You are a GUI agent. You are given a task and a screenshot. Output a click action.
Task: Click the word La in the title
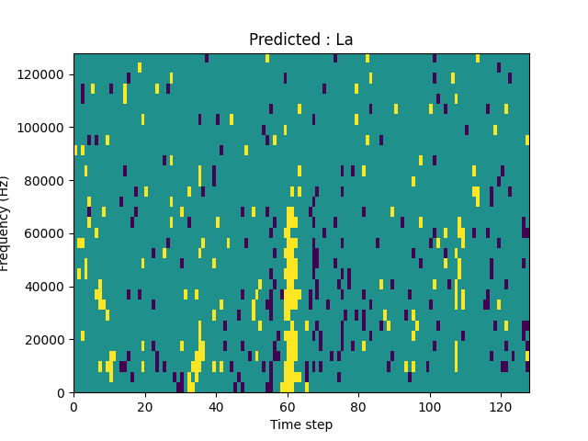click(x=344, y=40)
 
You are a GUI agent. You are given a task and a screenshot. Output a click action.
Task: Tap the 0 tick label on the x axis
click(x=73, y=406)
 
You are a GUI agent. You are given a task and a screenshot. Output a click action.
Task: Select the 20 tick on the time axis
click(x=145, y=406)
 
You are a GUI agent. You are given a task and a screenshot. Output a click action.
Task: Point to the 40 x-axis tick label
click(x=216, y=406)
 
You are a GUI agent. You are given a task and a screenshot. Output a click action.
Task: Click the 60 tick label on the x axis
click(x=288, y=406)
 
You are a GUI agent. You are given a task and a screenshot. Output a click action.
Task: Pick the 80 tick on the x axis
click(x=358, y=406)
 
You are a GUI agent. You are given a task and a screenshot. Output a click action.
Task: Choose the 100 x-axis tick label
click(x=430, y=406)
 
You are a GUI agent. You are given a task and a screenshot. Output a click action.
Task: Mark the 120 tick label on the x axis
click(x=501, y=406)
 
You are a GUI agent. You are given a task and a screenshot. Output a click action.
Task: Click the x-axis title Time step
click(x=301, y=424)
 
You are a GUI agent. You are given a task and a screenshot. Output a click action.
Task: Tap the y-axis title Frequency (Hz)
click(x=6, y=223)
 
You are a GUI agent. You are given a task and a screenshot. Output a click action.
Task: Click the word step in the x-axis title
click(x=317, y=425)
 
